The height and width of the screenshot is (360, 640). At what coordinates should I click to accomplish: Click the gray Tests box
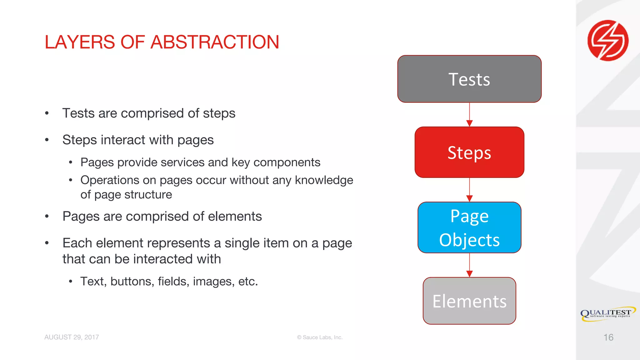469,79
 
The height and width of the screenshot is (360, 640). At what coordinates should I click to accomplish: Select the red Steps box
469,152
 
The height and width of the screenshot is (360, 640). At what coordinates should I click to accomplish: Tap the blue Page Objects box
469,227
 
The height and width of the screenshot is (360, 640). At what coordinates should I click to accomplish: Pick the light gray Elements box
469,301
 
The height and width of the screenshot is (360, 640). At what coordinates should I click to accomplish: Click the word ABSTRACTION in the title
215,42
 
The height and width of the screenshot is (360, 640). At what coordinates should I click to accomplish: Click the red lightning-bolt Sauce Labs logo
608,40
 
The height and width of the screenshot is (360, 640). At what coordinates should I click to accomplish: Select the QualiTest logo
608,313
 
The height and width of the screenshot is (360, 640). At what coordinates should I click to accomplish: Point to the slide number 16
608,337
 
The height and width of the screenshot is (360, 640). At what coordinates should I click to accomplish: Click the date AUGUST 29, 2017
72,337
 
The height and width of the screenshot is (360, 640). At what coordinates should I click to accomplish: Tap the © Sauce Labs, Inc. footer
320,337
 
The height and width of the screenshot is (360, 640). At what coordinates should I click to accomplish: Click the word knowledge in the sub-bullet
324,180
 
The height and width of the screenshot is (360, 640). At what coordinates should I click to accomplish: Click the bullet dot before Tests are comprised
47,113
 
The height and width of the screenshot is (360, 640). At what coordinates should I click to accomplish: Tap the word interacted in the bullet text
163,259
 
